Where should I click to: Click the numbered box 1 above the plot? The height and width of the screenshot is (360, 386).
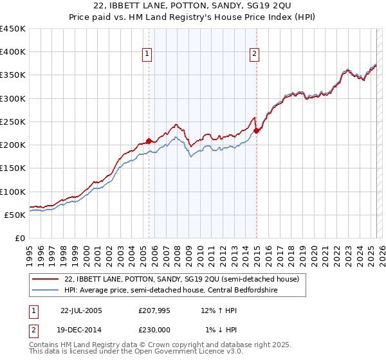coord(148,55)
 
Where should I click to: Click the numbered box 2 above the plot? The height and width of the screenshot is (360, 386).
coord(255,55)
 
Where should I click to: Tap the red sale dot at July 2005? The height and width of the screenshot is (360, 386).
coord(149,140)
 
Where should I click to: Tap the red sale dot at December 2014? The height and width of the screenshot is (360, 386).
coord(257,130)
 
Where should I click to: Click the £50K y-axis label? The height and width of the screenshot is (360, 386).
coord(15,215)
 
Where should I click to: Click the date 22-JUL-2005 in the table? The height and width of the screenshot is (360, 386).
coord(81,310)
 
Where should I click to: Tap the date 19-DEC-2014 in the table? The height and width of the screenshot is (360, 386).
coord(82,330)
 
